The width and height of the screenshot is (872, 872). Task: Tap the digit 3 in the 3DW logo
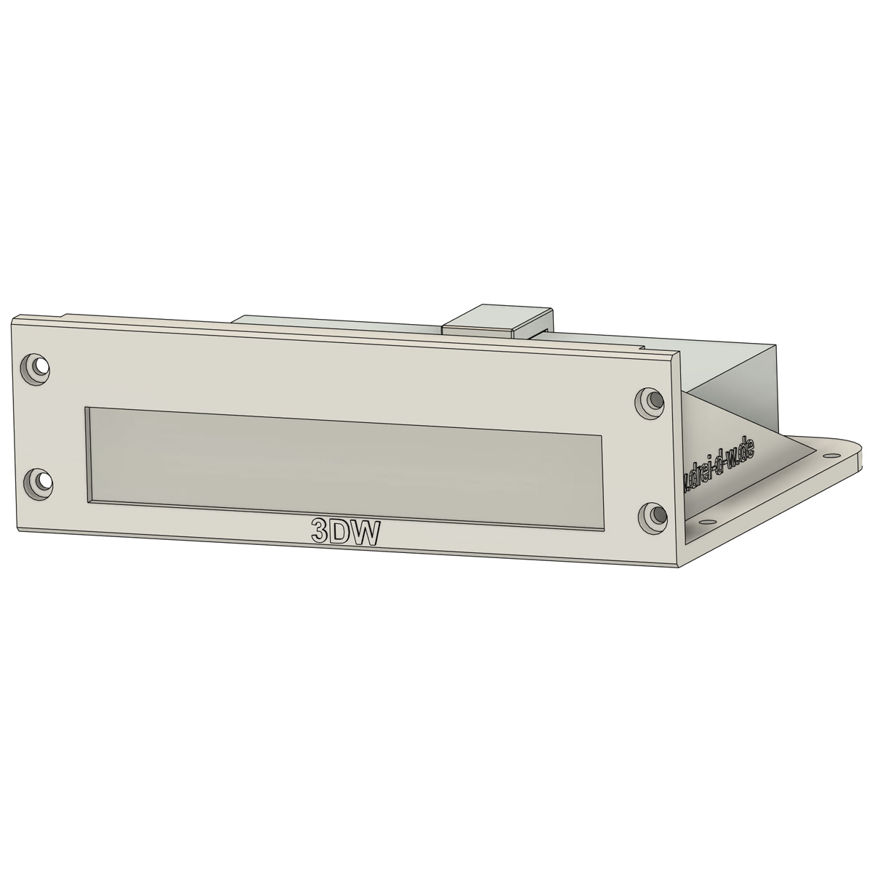pyautogui.click(x=320, y=533)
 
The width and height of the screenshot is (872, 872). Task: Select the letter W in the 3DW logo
pyautogui.click(x=367, y=536)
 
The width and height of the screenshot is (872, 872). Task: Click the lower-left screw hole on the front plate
pyautogui.click(x=37, y=481)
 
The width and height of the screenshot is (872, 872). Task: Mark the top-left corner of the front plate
pyautogui.click(x=13, y=320)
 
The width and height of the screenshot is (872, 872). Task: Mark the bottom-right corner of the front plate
pyautogui.click(x=677, y=566)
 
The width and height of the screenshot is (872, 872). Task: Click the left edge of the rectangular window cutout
pyautogui.click(x=87, y=454)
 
